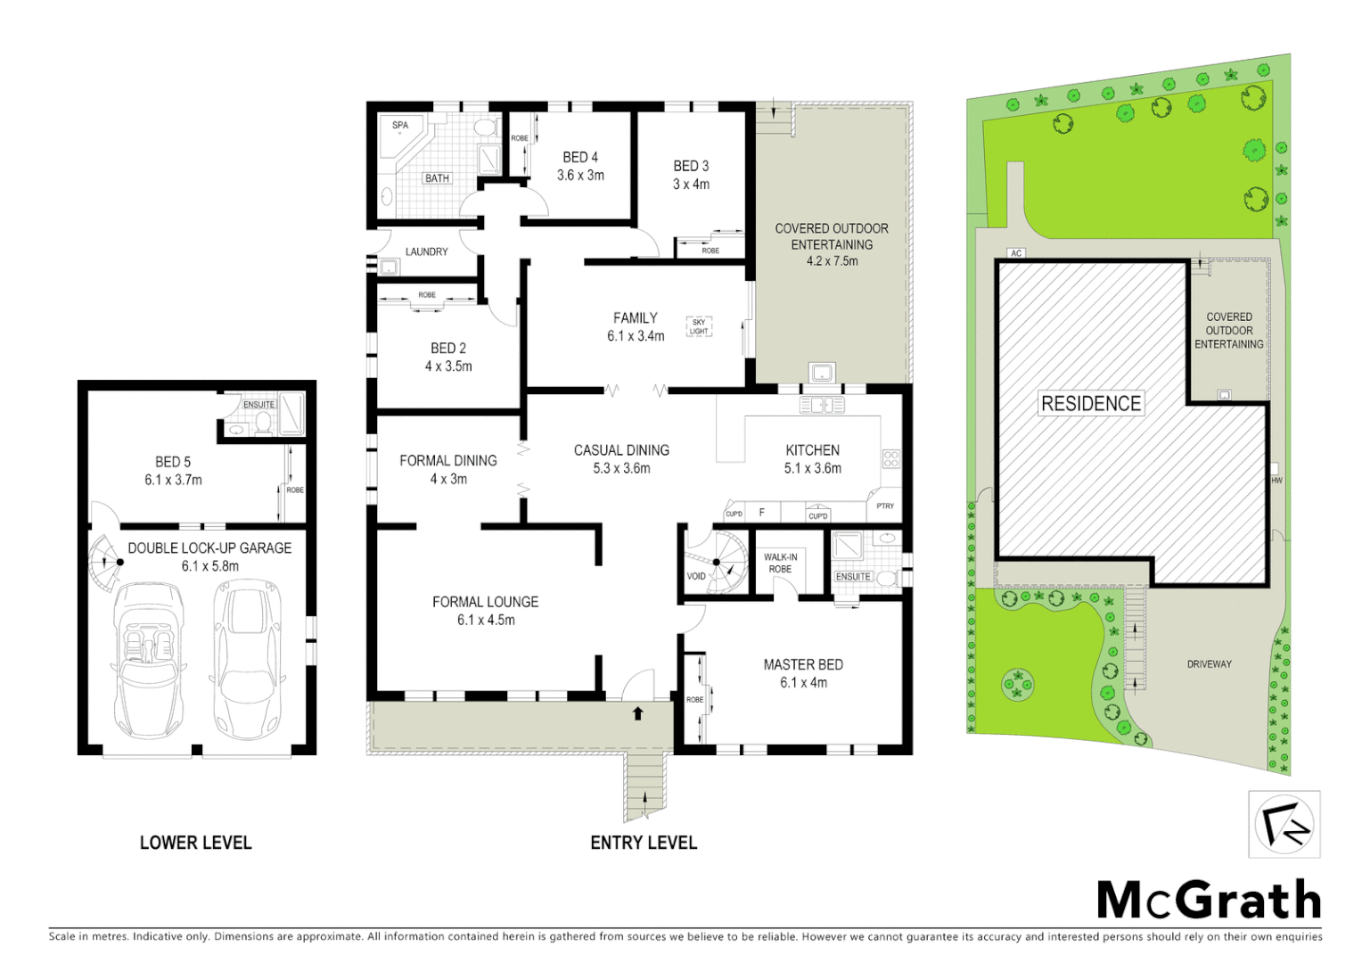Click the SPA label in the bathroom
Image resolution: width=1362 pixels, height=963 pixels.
coord(400,126)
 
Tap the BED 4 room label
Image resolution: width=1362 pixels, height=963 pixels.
coord(580,157)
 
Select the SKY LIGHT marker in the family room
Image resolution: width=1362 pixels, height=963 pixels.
coord(699,326)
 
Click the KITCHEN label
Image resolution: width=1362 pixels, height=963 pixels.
coord(812,450)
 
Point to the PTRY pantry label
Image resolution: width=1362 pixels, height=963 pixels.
coord(885,506)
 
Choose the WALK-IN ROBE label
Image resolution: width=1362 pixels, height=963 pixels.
coord(780,563)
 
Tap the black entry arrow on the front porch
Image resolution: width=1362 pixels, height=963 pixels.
coord(638,713)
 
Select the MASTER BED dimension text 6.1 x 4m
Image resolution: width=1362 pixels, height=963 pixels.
coord(803,683)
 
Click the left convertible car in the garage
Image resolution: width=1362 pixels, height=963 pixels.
coord(149,658)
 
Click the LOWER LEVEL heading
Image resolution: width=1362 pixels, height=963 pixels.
coord(195,843)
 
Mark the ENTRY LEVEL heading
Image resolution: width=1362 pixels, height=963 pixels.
coord(644,843)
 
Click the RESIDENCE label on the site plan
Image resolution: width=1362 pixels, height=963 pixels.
coord(1091,404)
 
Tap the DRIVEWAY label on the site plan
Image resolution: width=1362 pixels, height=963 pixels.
coord(1209,664)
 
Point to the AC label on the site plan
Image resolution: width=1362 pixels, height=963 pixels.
coord(1016,253)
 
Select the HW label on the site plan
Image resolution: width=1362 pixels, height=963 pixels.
coord(1276,481)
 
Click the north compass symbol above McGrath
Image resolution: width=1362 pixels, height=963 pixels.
coord(1284,824)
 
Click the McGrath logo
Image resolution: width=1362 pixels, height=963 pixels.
coord(1209,900)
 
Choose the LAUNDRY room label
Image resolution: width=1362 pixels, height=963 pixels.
coord(426,251)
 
